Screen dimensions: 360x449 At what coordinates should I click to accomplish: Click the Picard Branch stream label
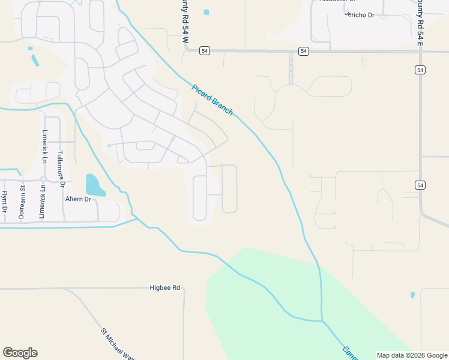[212, 99]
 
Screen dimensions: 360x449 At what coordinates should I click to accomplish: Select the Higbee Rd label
[164, 288]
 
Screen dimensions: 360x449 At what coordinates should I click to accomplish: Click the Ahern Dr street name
[78, 199]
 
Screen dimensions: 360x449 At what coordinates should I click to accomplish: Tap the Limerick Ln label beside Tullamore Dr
[45, 147]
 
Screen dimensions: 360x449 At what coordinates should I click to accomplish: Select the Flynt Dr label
[4, 202]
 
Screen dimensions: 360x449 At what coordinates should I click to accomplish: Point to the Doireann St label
[22, 201]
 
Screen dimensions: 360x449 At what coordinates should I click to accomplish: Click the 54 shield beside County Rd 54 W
[205, 51]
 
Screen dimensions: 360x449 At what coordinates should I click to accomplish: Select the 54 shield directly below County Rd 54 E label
[420, 70]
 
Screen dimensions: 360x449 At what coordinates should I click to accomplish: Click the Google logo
[20, 353]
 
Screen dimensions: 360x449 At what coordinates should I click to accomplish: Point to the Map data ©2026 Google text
[411, 355]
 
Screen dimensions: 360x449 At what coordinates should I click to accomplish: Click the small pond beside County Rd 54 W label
[206, 12]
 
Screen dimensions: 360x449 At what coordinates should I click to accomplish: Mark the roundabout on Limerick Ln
[44, 179]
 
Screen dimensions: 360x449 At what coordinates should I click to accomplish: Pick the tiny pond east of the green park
[412, 295]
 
